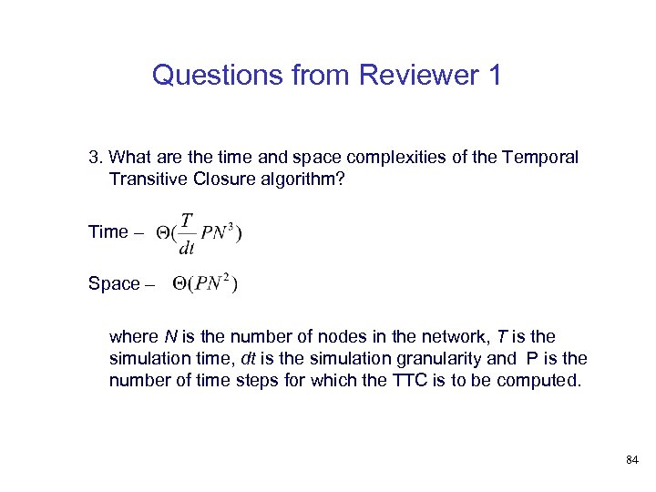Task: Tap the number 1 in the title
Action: click(x=493, y=75)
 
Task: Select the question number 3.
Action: click(x=93, y=157)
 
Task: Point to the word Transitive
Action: click(x=149, y=179)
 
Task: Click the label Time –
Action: click(x=116, y=231)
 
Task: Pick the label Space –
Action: click(x=121, y=284)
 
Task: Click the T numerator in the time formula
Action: click(x=187, y=220)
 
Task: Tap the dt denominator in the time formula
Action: click(x=186, y=248)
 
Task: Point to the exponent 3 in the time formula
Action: click(x=230, y=224)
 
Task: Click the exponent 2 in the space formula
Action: click(x=225, y=276)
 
